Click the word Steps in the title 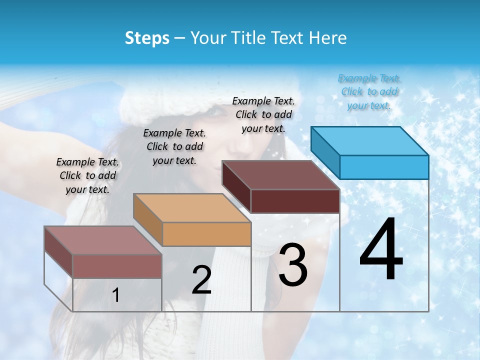click(147, 38)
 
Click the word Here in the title click(328, 38)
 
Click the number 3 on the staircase click(293, 265)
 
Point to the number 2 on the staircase click(201, 280)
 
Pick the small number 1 click(116, 295)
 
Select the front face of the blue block click(384, 167)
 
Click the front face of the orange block click(206, 234)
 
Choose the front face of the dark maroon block click(295, 201)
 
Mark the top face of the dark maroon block click(280, 175)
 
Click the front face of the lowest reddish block click(117, 266)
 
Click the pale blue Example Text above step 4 click(369, 92)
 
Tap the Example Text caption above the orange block click(174, 146)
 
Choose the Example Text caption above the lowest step click(87, 175)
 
